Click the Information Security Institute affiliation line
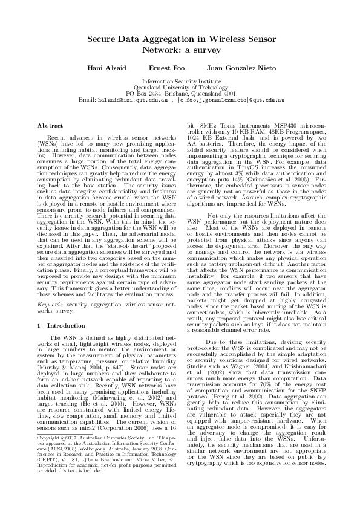pos(180,81)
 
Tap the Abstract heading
pos(50,126)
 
